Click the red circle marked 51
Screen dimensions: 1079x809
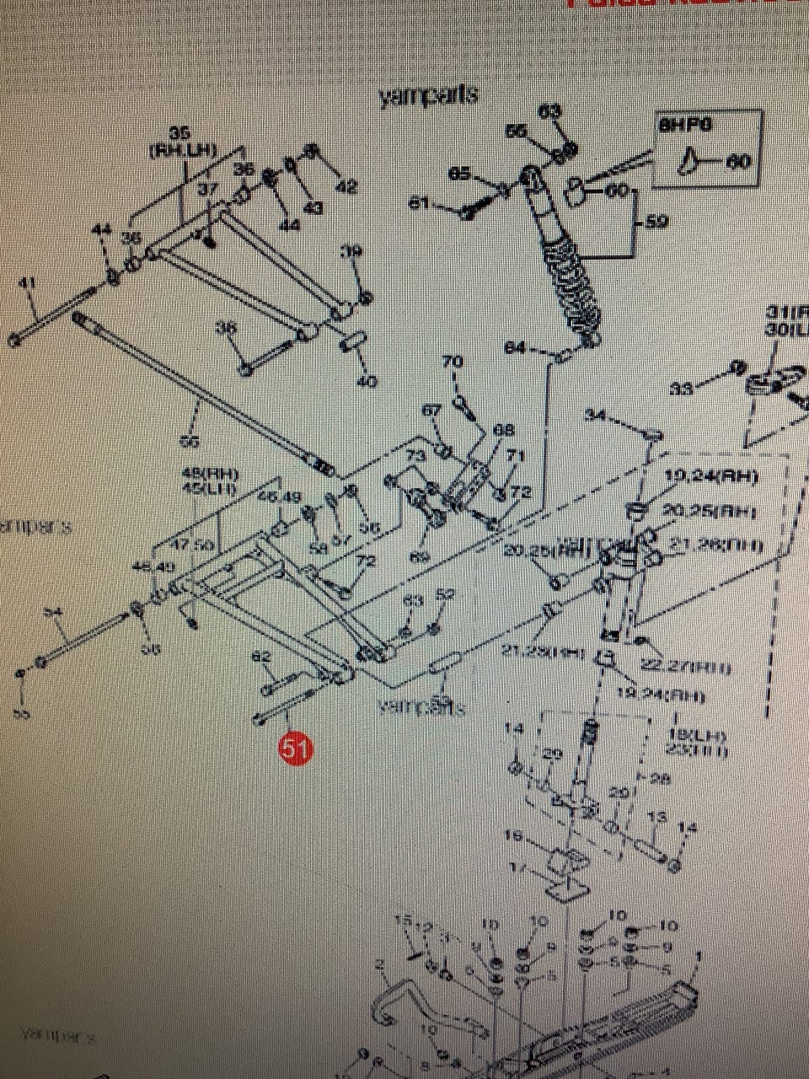[x=296, y=749]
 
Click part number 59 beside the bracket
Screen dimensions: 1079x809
[x=656, y=223]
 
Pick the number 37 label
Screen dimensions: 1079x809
[x=207, y=190]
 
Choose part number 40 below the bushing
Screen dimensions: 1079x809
[x=366, y=381]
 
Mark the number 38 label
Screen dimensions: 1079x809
[x=226, y=329]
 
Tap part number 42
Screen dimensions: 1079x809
[x=346, y=186]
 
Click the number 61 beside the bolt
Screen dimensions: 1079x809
[x=419, y=203]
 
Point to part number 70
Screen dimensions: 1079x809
[x=453, y=362]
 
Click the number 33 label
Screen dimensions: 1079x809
[x=682, y=389]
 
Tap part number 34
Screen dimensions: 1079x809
[x=595, y=415]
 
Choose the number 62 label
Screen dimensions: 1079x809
[x=262, y=656]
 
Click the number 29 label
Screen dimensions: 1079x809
[x=551, y=755]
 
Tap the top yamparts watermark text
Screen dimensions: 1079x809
[x=429, y=95]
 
